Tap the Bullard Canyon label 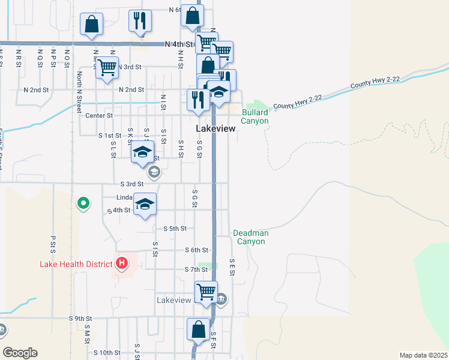coord(255,116)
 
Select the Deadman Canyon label coord(249,237)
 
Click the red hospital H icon coord(122,263)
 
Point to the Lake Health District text coord(76,264)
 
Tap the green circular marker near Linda coord(83,204)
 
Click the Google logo coord(20,353)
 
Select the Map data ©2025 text coord(423,355)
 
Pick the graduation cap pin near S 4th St coord(145,205)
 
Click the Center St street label coord(99,115)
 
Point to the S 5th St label coord(175,229)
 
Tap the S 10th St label coord(107,353)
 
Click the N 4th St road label coord(179,44)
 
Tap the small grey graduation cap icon coord(154,173)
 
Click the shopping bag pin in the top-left coord(91,25)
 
